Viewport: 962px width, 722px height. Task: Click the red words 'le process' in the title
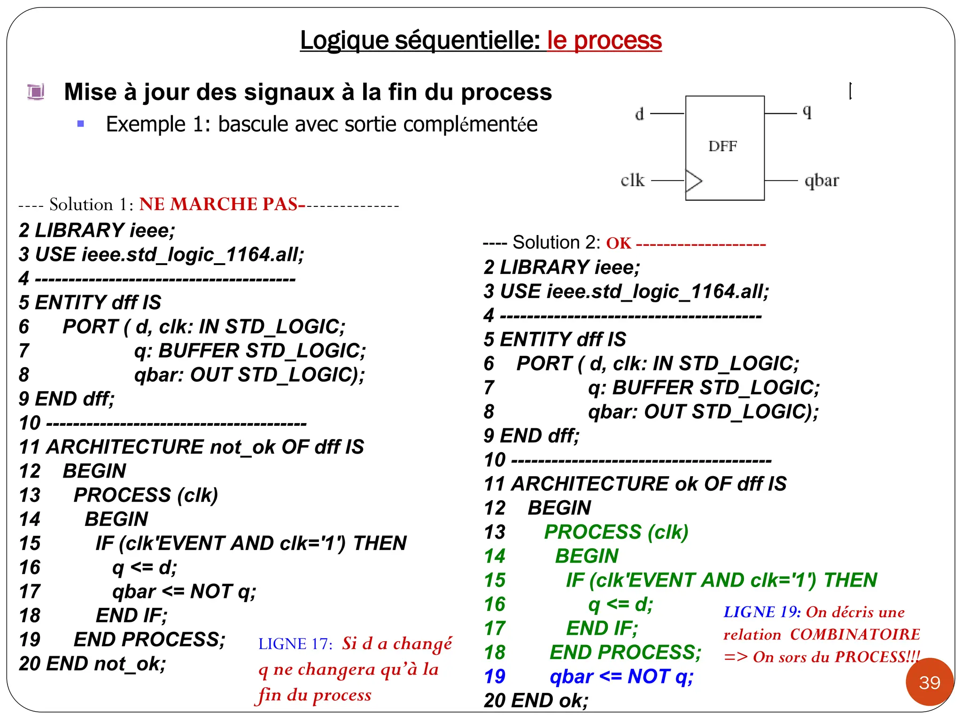604,40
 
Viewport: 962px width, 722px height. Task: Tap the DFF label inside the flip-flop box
722,146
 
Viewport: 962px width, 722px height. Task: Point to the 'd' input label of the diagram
639,114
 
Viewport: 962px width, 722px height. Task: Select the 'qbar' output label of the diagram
822,180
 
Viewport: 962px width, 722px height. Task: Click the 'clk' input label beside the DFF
632,180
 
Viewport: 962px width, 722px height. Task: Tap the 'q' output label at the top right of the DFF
807,112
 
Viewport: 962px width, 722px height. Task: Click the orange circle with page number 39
930,682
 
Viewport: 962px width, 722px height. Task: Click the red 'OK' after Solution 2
619,243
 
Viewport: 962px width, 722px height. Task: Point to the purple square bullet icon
36,92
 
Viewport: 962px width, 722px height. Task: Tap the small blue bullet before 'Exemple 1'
81,124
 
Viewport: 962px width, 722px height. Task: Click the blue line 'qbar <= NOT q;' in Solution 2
621,676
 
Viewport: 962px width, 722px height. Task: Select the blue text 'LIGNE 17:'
295,644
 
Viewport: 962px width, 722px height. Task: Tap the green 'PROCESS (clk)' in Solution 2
616,532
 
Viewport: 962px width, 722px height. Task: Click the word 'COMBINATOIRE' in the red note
855,634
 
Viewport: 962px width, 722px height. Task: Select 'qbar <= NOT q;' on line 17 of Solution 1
184,591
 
